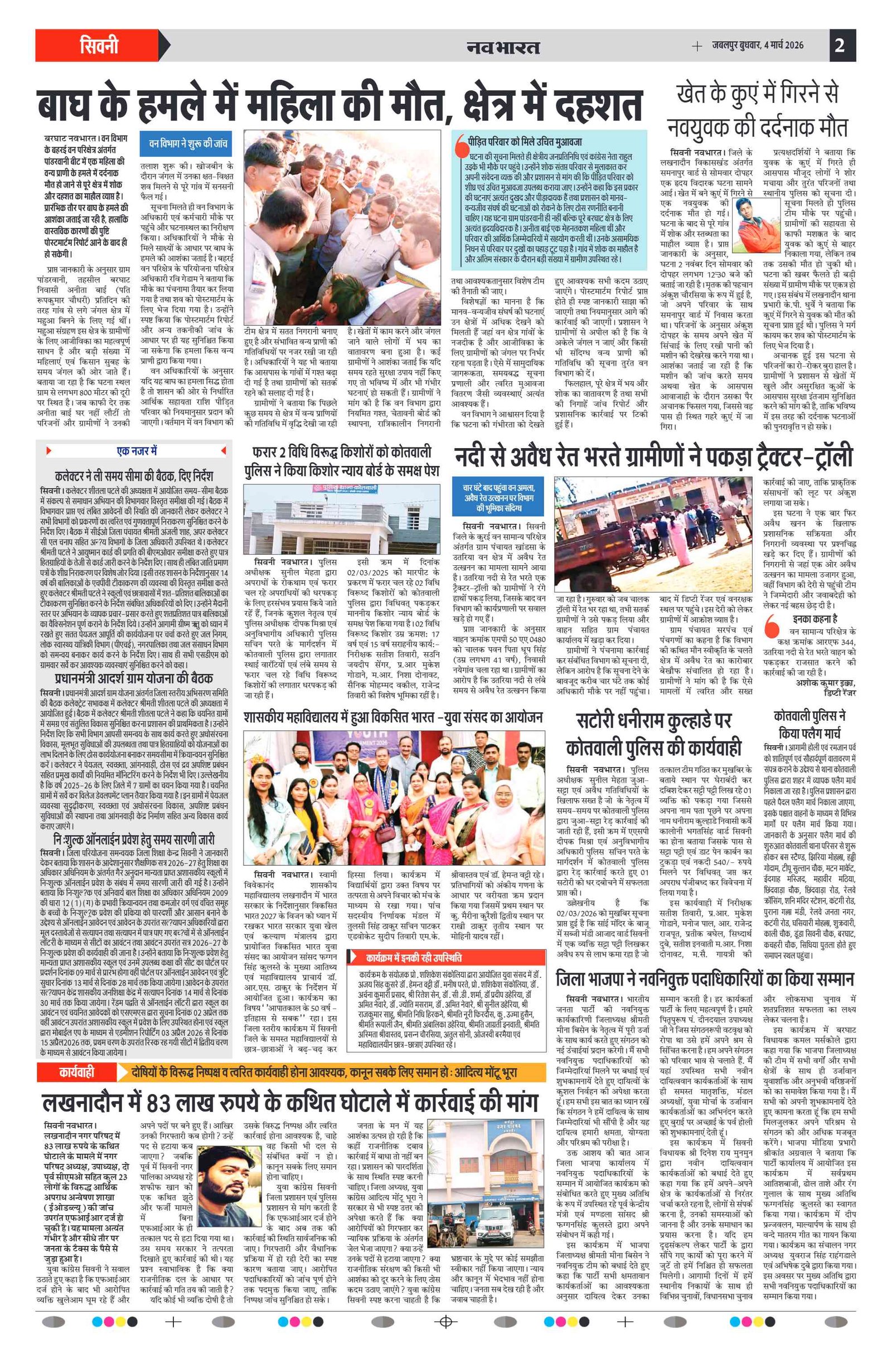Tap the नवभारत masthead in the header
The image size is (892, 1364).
[x=503, y=46]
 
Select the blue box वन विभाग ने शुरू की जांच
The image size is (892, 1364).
[x=187, y=143]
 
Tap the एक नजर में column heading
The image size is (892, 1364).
[x=137, y=451]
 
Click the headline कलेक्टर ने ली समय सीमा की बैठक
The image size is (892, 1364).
[x=134, y=475]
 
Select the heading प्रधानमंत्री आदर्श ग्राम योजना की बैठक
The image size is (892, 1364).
[x=134, y=677]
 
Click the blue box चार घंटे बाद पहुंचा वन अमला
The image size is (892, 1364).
[x=498, y=497]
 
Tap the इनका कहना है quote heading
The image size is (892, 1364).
[x=815, y=619]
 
